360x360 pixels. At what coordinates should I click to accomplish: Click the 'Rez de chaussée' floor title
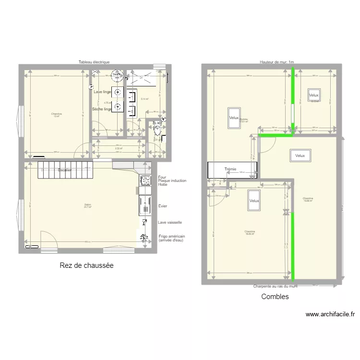(x=86, y=265)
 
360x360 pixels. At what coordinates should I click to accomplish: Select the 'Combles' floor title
(x=275, y=297)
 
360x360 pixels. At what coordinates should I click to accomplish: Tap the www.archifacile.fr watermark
(x=330, y=315)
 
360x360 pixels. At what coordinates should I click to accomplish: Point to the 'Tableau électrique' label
(x=95, y=62)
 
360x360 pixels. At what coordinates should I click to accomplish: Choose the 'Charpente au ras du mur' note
(x=276, y=286)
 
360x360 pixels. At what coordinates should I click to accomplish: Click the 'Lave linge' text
(x=102, y=92)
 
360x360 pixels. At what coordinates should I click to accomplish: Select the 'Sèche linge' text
(x=102, y=109)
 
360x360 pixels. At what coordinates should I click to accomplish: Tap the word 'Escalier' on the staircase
(x=65, y=170)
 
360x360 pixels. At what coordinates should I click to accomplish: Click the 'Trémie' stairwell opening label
(x=231, y=169)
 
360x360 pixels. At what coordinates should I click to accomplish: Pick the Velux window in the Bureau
(x=234, y=118)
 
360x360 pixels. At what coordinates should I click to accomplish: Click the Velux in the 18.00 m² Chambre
(x=254, y=201)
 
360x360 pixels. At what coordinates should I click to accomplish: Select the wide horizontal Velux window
(x=300, y=156)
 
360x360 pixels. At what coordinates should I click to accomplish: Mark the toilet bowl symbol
(x=157, y=128)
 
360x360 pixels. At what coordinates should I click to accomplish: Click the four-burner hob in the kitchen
(x=145, y=180)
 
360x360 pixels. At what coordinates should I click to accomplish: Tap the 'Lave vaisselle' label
(x=170, y=222)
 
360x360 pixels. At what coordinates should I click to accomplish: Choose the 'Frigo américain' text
(x=171, y=236)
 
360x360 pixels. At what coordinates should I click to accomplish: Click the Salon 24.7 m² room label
(x=87, y=206)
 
